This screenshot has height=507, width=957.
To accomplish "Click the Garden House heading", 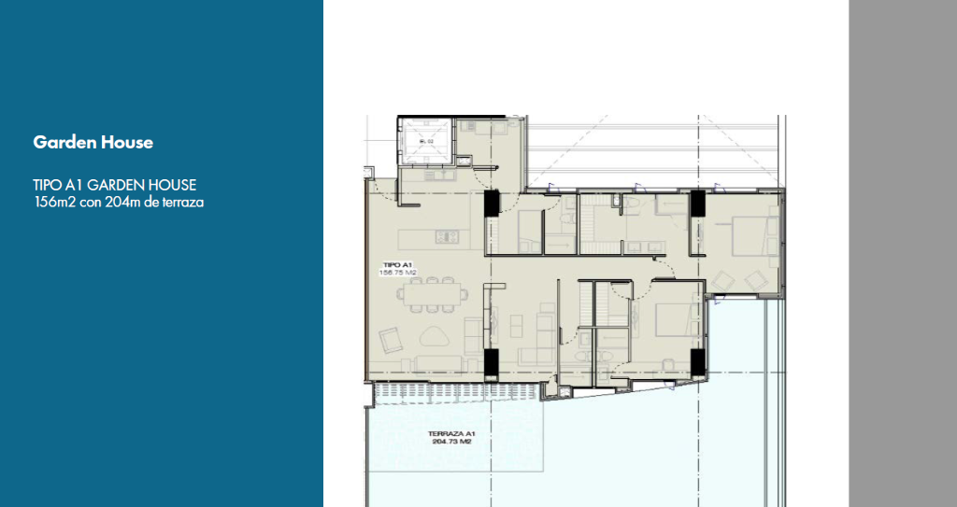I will [93, 143].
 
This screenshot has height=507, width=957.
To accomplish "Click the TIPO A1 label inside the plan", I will [397, 265].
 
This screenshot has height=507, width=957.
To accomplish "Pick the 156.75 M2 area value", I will [397, 273].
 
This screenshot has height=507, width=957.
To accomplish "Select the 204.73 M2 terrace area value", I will [452, 444].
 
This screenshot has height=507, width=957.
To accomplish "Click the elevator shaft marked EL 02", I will [426, 141].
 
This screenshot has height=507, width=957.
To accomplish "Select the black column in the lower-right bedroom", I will [695, 361].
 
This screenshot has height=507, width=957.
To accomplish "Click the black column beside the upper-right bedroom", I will [696, 203].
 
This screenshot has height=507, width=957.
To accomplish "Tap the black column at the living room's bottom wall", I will [492, 361].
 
